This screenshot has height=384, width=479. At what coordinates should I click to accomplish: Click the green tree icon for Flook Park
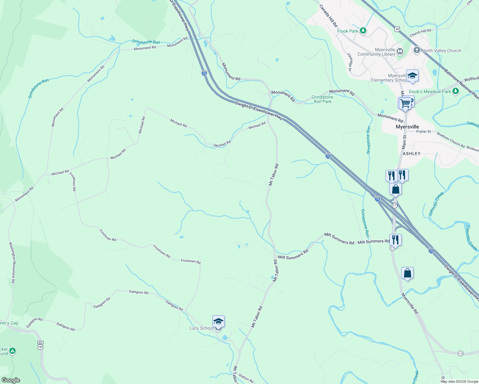(363, 31)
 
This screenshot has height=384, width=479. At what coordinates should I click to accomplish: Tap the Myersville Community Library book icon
(400, 51)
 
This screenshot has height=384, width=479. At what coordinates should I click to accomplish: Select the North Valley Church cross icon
(417, 50)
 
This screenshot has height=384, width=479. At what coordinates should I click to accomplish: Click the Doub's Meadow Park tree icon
(455, 91)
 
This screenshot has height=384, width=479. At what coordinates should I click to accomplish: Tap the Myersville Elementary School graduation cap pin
(412, 76)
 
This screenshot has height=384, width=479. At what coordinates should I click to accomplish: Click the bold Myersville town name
(407, 127)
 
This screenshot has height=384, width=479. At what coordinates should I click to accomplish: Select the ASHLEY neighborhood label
(411, 154)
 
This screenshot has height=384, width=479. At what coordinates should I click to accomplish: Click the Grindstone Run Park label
(322, 99)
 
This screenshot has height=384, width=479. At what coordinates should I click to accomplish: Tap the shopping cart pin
(405, 104)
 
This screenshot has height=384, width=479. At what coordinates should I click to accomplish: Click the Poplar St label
(423, 132)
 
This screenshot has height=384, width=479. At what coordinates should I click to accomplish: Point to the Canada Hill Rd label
(328, 16)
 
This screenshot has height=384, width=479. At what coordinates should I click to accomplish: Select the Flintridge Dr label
(350, 62)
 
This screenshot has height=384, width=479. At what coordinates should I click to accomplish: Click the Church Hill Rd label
(420, 33)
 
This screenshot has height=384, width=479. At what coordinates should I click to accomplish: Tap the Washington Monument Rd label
(12, 262)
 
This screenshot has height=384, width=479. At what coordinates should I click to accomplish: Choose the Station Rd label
(246, 378)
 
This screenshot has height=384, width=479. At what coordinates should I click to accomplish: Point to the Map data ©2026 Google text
(459, 381)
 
